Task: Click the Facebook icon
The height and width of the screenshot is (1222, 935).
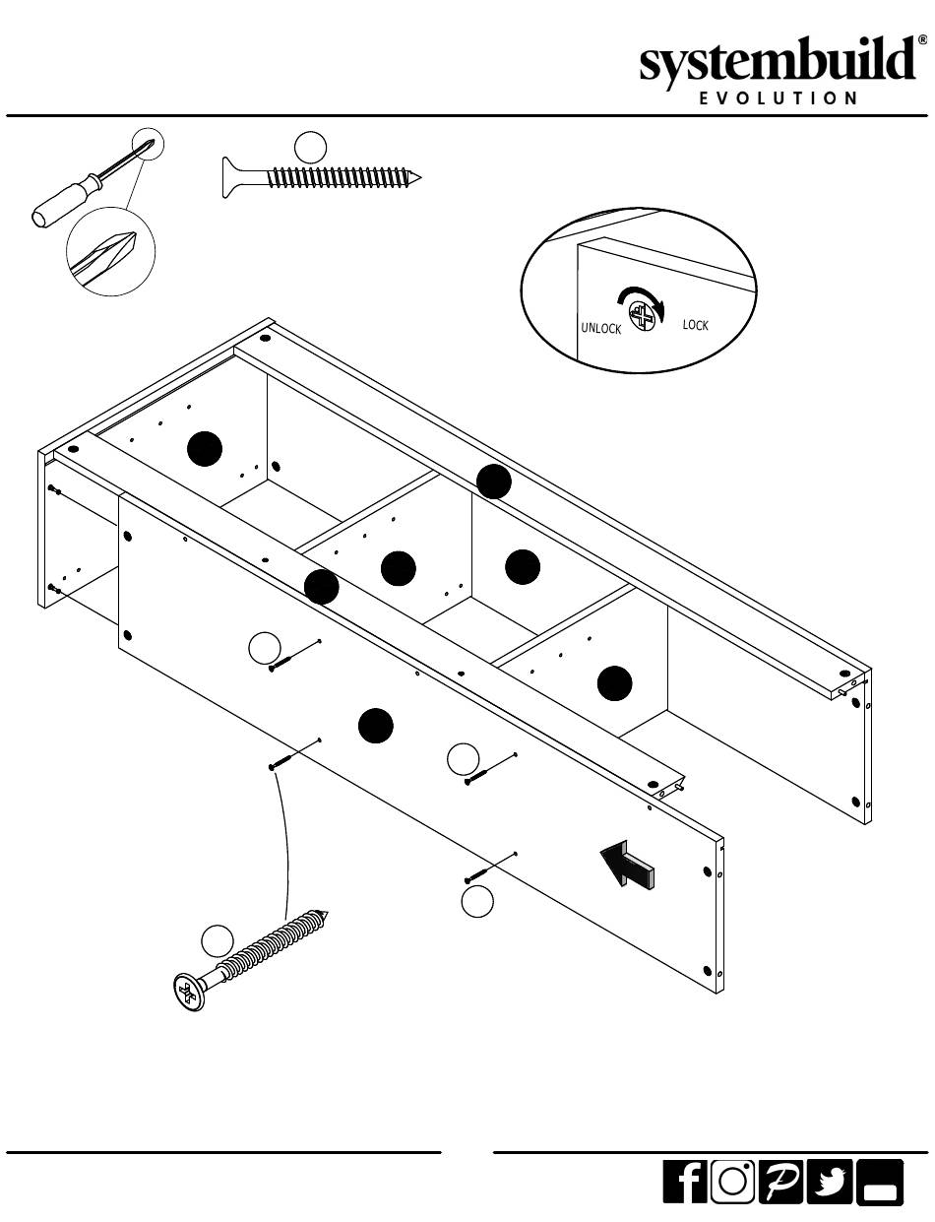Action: pyautogui.click(x=686, y=1182)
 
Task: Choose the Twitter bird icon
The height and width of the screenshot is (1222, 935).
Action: pyautogui.click(x=830, y=1182)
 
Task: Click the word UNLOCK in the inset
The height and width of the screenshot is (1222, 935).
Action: pyautogui.click(x=600, y=329)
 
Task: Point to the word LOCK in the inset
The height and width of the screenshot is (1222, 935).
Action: pyautogui.click(x=695, y=325)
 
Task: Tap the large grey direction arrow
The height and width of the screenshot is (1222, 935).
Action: pyautogui.click(x=627, y=864)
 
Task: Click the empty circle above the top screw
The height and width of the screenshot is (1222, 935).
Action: pyautogui.click(x=310, y=147)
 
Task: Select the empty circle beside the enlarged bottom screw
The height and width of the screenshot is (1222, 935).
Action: pyautogui.click(x=218, y=940)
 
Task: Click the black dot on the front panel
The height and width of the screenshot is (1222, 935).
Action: pyautogui.click(x=376, y=726)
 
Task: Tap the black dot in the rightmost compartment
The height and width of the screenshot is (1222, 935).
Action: pyautogui.click(x=615, y=683)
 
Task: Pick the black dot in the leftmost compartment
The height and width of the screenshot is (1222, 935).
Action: pyautogui.click(x=205, y=449)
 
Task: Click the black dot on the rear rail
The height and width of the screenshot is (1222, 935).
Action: pyautogui.click(x=493, y=482)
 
